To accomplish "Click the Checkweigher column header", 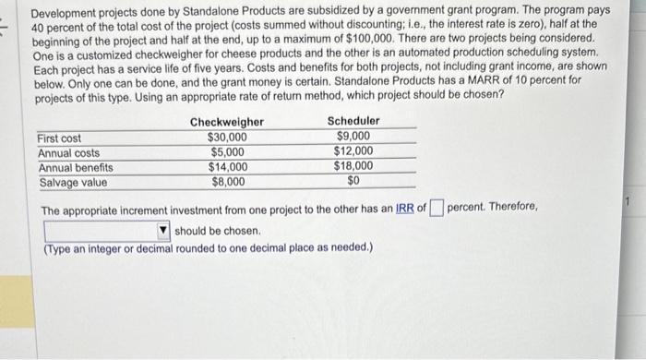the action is pos(226,122).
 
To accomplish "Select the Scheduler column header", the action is pos(353,122).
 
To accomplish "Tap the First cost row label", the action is pos(59,138).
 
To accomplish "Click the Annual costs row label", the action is pos(68,152).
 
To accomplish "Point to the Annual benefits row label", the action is pos(76,167).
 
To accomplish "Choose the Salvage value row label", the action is pos(72,182).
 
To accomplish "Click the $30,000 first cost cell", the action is pos(227,138).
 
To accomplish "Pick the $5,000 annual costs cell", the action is pos(228,152).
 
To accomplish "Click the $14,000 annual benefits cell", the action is pos(227,167).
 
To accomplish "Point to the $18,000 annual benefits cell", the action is pos(353,167).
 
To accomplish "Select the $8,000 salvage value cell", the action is pos(228,182).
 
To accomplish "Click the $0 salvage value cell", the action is pos(353,182).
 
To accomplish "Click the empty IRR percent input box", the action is pos(437,208).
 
